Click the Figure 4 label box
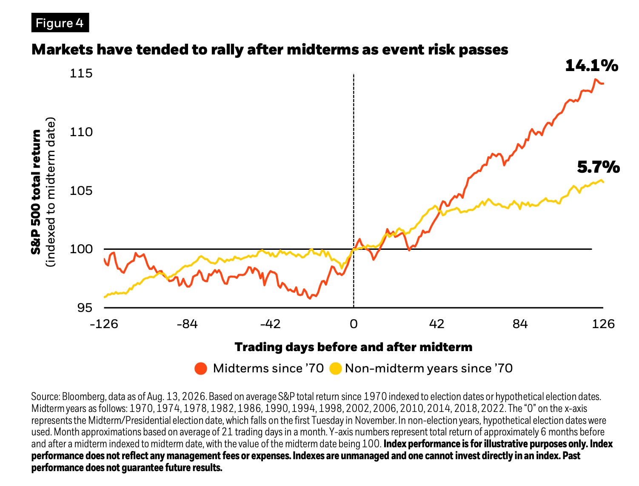tap(60, 23)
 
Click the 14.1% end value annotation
tap(591, 66)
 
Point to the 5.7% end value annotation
tap(598, 167)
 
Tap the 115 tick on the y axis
tap(81, 73)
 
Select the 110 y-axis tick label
tap(81, 132)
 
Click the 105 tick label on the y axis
tap(81, 191)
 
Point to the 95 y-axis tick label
tap(85, 308)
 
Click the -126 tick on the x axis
tap(104, 324)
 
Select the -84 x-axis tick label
tap(187, 324)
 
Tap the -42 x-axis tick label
tap(270, 324)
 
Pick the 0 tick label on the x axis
tap(354, 324)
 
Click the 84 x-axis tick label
tap(520, 324)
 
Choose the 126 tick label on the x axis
tap(603, 324)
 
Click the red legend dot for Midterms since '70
tap(201, 369)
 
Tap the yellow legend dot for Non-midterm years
tap(335, 369)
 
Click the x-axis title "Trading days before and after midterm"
tap(354, 347)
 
